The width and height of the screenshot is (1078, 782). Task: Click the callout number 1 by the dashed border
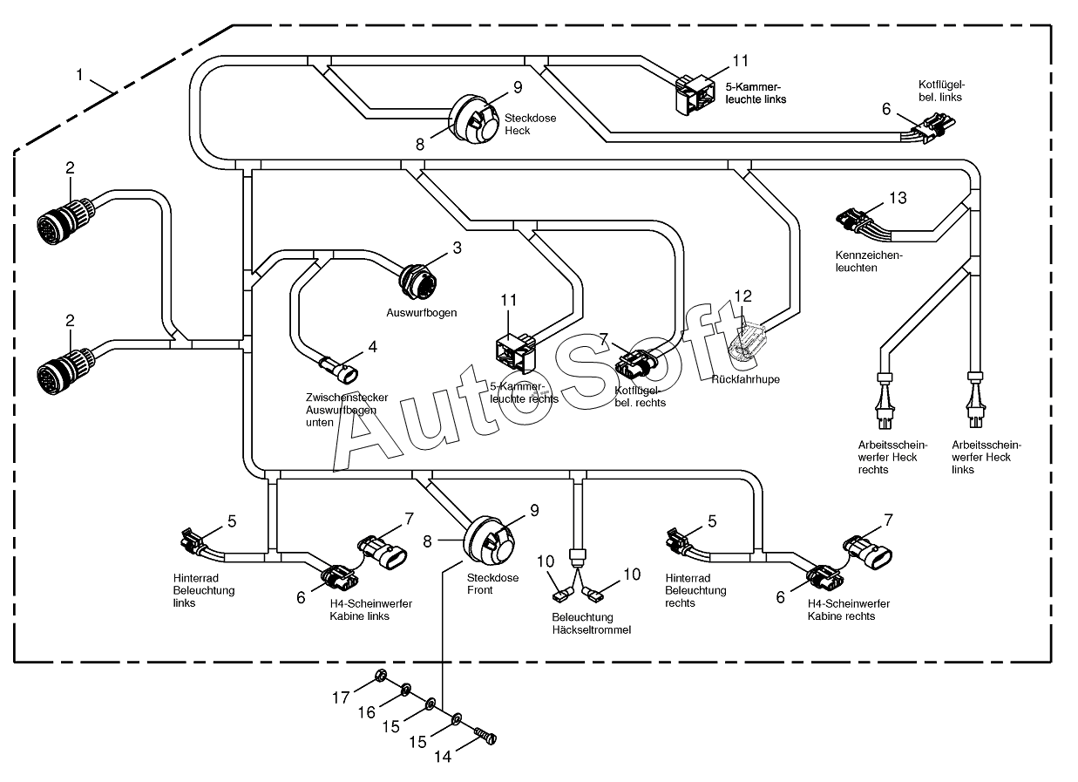pos(80,75)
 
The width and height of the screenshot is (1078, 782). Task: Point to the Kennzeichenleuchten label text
pos(869,262)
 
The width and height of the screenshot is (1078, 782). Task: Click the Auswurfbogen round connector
pos(418,282)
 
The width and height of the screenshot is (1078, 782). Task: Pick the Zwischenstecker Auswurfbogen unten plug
pos(339,370)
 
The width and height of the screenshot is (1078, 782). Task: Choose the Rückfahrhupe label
pos(745,379)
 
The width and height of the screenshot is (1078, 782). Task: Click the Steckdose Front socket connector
pos(489,540)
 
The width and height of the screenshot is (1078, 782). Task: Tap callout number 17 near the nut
pos(341,697)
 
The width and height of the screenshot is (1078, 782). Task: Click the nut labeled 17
pos(380,675)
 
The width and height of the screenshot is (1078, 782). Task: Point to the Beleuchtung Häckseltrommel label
pos(591,623)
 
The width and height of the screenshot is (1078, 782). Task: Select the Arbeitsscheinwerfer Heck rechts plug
pos(885,401)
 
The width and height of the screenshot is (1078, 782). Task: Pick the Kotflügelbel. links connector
pos(929,127)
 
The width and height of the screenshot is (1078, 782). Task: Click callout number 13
pos(898,198)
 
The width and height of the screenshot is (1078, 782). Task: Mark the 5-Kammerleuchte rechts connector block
pos(515,353)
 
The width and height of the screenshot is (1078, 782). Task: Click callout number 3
pos(458,248)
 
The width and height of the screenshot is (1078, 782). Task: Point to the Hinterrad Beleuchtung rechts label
pos(695,591)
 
